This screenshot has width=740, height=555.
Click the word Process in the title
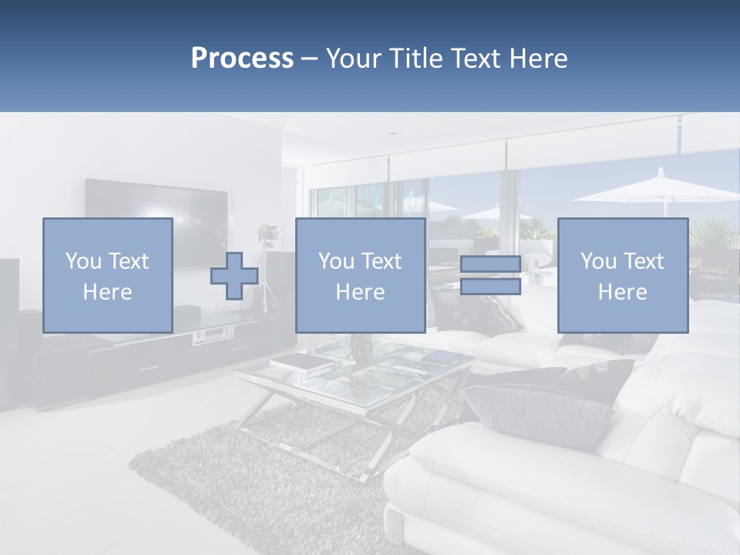[x=242, y=59]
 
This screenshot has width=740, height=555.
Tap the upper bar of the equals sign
[x=490, y=264]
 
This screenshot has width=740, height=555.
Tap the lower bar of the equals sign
[x=490, y=287]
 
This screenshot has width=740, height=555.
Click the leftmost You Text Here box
[x=107, y=275]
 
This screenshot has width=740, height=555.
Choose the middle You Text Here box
[x=360, y=275]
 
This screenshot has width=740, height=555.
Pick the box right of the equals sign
[x=622, y=275]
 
